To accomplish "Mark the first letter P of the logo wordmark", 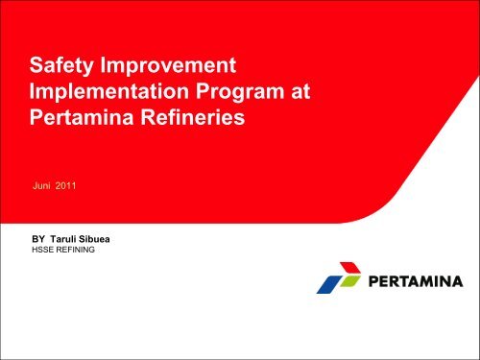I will [371, 282].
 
